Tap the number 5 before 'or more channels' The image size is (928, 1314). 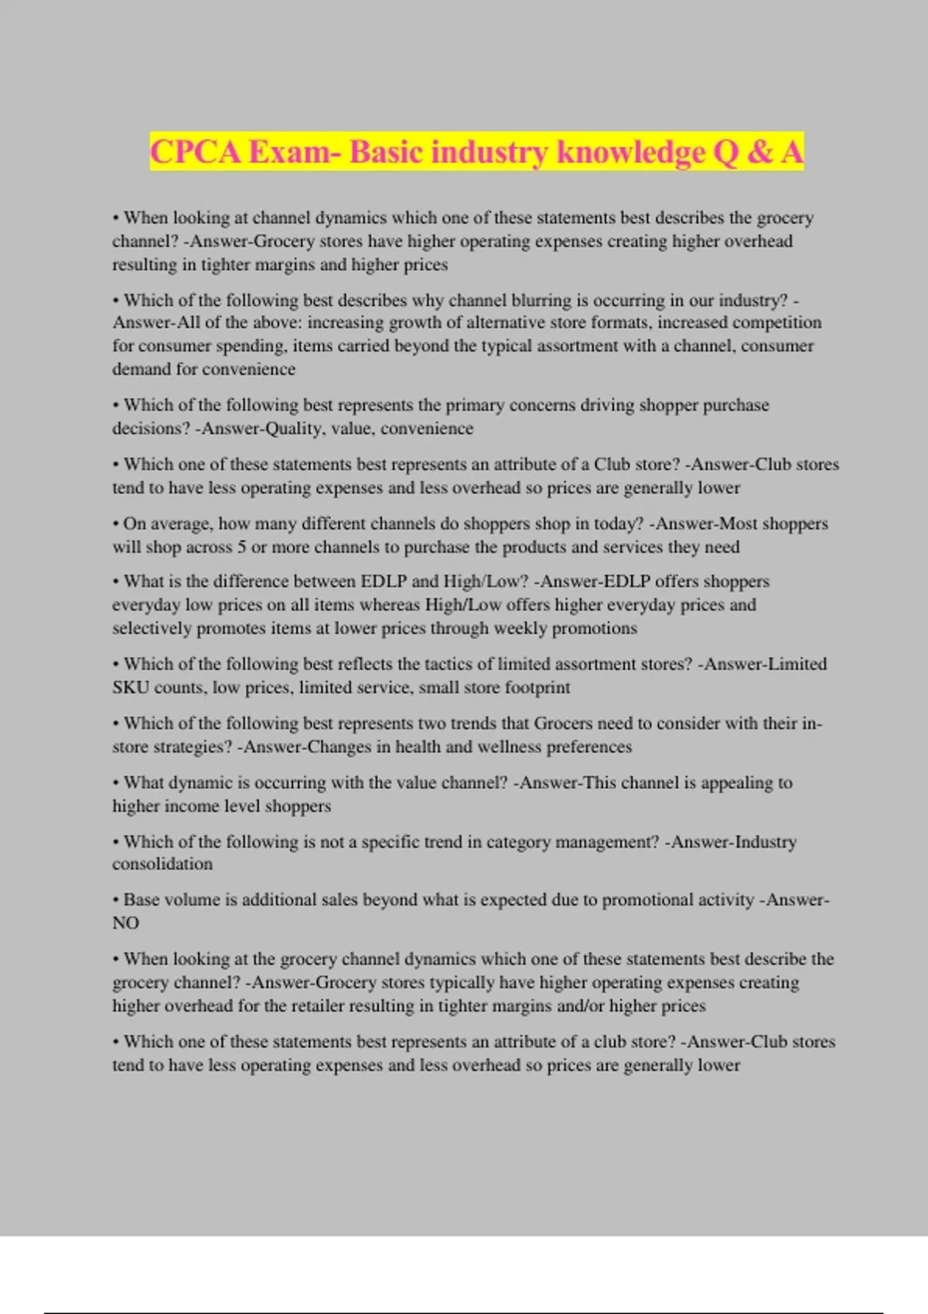click(242, 547)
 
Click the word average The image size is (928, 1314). click(180, 524)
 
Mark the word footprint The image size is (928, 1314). click(537, 687)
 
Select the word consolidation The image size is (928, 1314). click(162, 864)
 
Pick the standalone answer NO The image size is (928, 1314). click(126, 923)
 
